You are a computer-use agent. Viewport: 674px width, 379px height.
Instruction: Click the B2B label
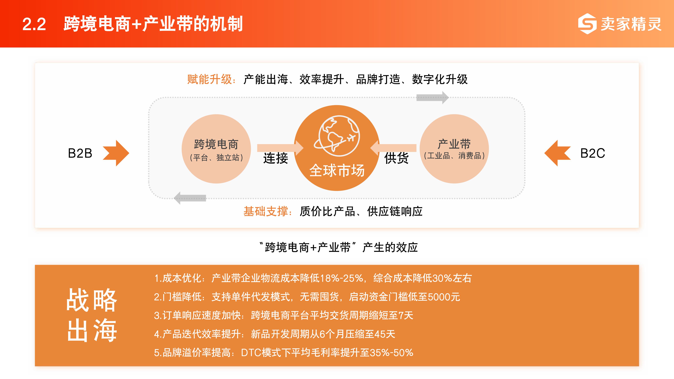tap(80, 153)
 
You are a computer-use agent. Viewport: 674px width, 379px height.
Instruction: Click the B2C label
tap(593, 153)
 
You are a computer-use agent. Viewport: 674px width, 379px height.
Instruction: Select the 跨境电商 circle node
tap(216, 149)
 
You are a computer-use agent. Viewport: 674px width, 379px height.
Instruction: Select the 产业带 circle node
tap(454, 149)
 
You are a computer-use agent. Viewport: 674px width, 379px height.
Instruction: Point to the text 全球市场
tap(337, 170)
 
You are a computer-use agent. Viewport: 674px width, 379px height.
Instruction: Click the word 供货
tap(396, 158)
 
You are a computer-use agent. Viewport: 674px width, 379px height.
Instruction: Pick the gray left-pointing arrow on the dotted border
tap(190, 198)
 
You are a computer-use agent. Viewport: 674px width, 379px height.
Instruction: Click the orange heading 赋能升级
tap(210, 79)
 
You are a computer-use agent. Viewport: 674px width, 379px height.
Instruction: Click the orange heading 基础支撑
tap(266, 211)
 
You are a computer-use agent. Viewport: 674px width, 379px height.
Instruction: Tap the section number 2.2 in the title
tap(34, 24)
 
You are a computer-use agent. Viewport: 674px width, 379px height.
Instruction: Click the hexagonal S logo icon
tap(587, 24)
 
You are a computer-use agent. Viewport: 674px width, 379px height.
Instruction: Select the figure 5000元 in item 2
tap(444, 297)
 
